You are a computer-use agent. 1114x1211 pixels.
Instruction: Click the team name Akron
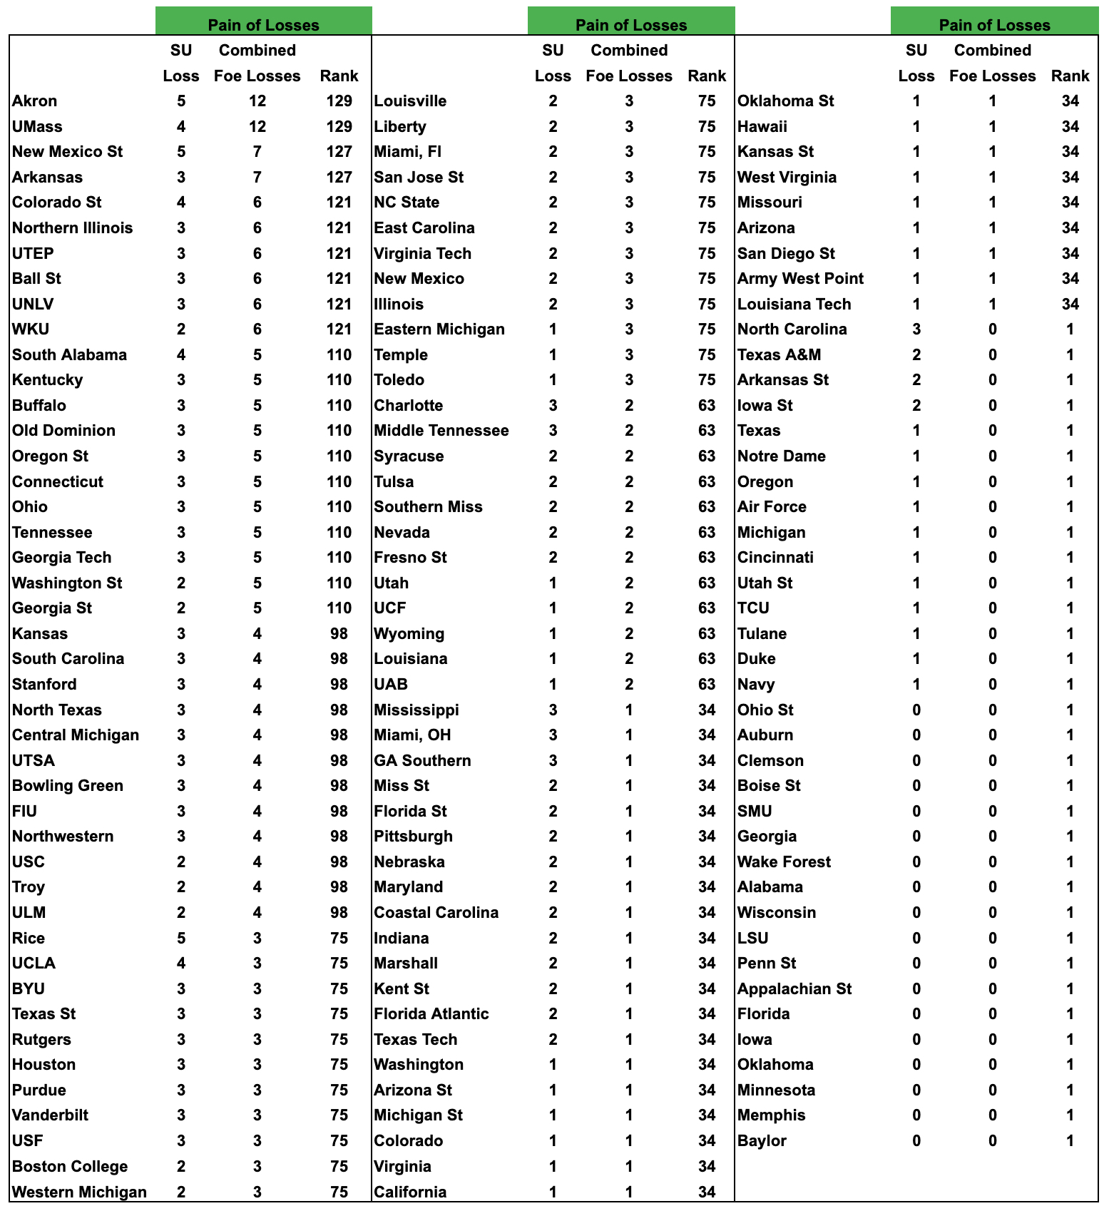coord(34,101)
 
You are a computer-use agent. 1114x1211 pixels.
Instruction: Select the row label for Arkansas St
coord(782,380)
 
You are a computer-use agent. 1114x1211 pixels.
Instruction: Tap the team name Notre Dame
coord(781,456)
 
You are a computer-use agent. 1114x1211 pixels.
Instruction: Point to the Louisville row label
coord(410,101)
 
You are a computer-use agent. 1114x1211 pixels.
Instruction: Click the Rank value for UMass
coord(339,127)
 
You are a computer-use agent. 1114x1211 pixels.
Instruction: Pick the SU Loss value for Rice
coord(181,939)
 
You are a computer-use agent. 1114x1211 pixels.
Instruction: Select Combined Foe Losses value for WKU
coord(257,329)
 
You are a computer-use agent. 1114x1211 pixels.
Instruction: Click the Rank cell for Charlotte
coord(706,406)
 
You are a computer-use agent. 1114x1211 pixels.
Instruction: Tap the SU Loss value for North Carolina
coord(916,329)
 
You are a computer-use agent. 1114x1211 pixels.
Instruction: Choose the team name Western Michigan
coord(79,1192)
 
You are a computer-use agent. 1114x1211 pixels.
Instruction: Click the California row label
coord(410,1192)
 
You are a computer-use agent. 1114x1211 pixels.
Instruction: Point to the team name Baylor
coord(762,1141)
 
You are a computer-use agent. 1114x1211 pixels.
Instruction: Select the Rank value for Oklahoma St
coord(1070,101)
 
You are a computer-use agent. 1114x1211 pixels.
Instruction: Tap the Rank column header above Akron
coord(339,76)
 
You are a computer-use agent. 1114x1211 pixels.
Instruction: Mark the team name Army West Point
coord(800,279)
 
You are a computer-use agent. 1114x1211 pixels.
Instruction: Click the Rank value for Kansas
coord(339,634)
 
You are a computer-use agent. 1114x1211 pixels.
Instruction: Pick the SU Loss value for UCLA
coord(181,964)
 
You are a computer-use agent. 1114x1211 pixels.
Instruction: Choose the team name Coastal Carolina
coord(436,913)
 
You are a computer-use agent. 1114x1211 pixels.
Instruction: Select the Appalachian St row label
coord(794,989)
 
